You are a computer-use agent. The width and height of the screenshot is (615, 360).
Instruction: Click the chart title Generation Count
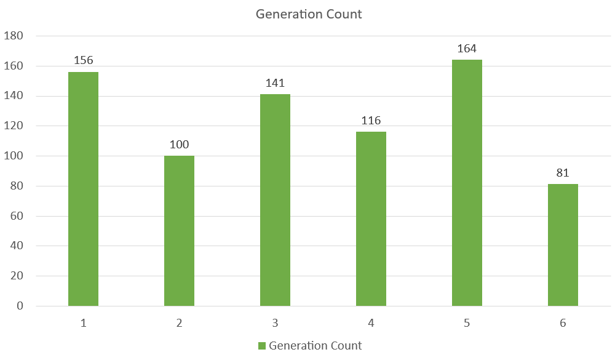point(309,14)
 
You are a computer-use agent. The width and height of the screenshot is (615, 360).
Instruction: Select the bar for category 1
point(83,189)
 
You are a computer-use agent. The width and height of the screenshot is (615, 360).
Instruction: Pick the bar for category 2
point(179,231)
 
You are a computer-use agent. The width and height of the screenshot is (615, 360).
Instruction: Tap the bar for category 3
point(275,200)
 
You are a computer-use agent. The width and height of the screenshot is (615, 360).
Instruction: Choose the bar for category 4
point(371,218)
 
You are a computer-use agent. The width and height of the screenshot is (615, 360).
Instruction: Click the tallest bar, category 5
point(467,183)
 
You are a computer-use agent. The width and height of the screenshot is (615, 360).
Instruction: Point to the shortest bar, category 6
point(563,245)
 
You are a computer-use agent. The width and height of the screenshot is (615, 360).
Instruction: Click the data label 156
point(83,61)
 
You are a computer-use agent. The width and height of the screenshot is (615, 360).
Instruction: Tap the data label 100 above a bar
point(179,145)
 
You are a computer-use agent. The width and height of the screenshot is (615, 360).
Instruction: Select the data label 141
point(275,83)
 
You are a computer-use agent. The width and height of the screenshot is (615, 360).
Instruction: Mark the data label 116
point(371,121)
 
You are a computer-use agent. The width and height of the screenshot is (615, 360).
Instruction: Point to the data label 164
point(467,49)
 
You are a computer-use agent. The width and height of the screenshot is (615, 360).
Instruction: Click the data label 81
point(563,173)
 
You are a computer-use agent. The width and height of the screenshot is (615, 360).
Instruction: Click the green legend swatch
point(261,346)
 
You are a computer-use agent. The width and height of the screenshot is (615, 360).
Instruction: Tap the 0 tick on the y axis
point(20,306)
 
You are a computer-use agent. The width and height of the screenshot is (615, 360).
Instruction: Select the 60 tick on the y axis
point(16,216)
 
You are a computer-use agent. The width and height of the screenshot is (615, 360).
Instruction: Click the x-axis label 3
point(275,323)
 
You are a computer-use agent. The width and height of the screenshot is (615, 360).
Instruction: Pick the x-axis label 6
point(563,323)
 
